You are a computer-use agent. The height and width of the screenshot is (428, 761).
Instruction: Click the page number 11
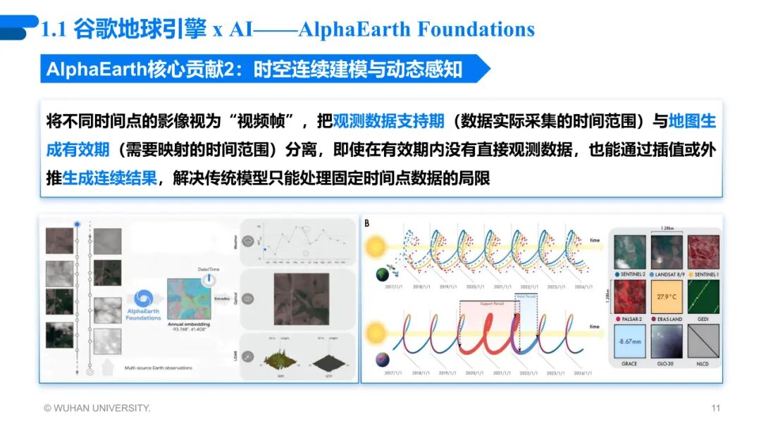716,408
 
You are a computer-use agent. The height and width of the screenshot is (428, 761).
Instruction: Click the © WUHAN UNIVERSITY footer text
97,408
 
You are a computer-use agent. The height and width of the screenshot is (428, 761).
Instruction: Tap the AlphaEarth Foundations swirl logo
143,298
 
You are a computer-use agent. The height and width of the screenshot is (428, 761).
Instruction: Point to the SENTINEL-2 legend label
633,273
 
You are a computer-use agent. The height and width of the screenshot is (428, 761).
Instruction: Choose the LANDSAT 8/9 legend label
671,273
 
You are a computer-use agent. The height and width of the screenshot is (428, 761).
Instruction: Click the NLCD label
703,365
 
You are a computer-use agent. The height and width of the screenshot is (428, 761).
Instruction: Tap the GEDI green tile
703,298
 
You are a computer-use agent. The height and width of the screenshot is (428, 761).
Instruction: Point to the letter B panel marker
366,224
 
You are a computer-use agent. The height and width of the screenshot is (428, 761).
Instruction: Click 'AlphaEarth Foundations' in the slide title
416,30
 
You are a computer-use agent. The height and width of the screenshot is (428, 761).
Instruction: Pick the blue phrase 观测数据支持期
388,121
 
